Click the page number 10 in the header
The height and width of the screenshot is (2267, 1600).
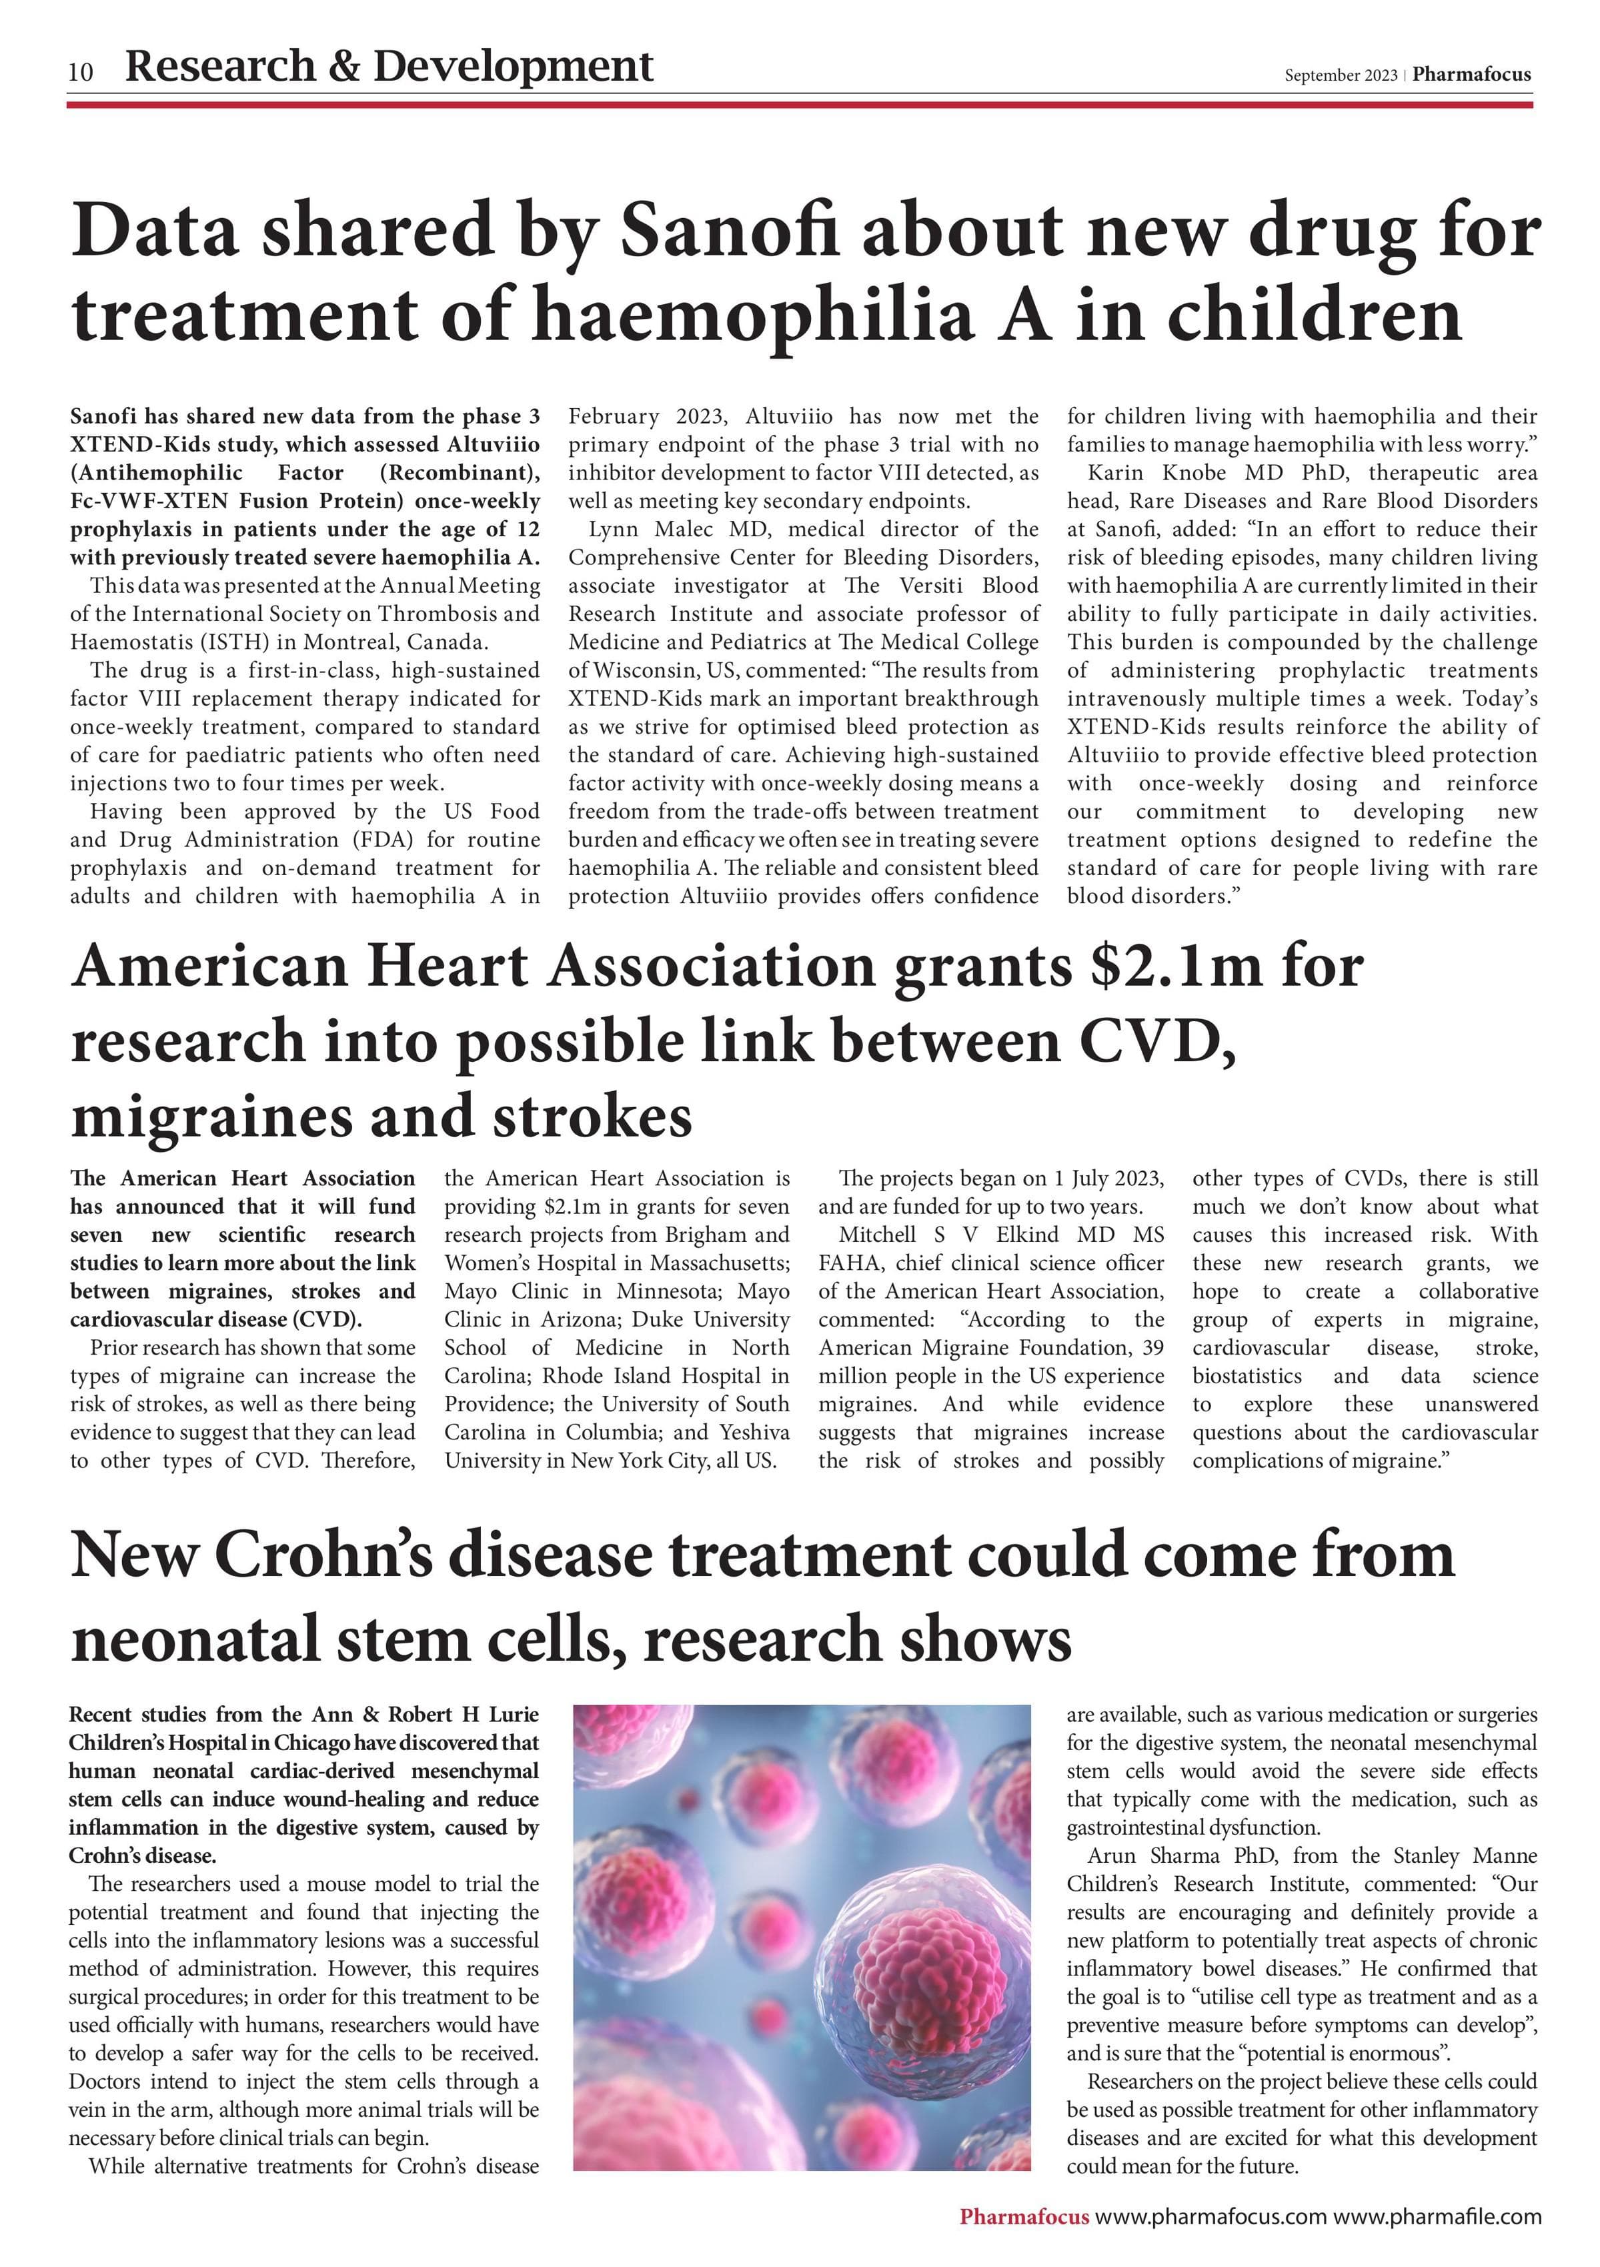coord(81,72)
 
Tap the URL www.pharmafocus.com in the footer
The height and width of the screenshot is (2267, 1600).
coord(1211,2216)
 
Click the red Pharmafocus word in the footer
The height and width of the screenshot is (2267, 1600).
coord(1024,2216)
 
